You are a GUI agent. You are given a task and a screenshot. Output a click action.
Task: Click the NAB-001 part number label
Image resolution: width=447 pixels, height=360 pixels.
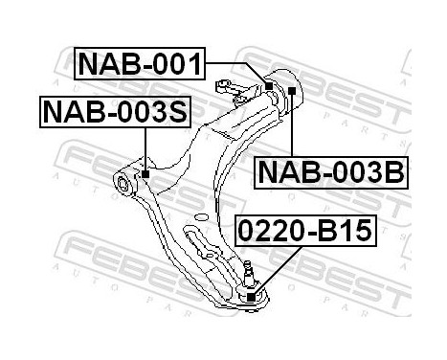click(x=139, y=65)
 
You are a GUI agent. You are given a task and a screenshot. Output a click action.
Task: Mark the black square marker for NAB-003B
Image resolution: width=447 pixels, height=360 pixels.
click(x=290, y=90)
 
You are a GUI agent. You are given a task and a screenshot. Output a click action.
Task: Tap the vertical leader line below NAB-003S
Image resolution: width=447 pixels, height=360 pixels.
click(x=145, y=148)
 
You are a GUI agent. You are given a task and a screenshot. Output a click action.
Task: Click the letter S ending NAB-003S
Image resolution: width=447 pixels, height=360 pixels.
click(x=179, y=113)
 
